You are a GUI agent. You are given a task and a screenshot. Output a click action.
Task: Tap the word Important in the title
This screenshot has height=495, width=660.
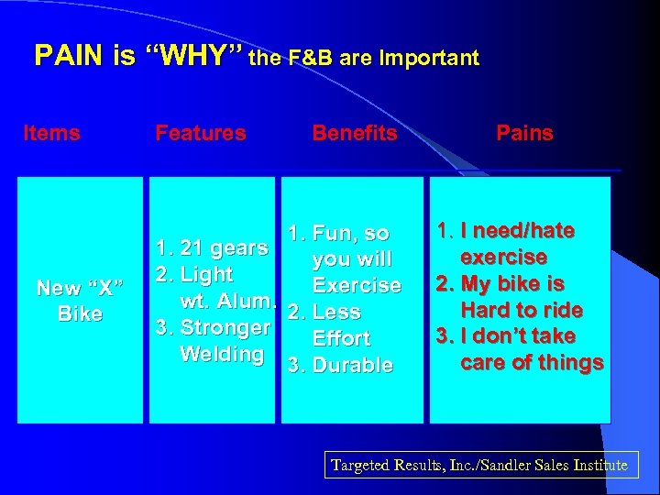pos(430,59)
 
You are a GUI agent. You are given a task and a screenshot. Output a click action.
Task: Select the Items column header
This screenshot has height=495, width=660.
pos(51,133)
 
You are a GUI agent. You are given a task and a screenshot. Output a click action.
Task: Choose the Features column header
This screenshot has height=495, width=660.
pos(201,133)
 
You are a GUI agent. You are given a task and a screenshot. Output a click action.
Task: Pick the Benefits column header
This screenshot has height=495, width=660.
pos(355,133)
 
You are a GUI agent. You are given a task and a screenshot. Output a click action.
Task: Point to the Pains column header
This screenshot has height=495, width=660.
pos(524,133)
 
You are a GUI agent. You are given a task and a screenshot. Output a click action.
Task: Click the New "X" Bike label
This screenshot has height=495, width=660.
pos(80,301)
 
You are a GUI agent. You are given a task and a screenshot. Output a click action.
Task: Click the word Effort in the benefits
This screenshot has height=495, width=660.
pos(341,338)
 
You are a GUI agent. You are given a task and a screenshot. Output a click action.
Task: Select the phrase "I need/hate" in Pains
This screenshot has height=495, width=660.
pos(518,231)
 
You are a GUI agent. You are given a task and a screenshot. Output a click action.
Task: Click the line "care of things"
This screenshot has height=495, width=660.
pos(532,362)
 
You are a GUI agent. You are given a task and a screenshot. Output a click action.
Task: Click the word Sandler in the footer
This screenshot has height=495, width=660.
pos(512,466)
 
